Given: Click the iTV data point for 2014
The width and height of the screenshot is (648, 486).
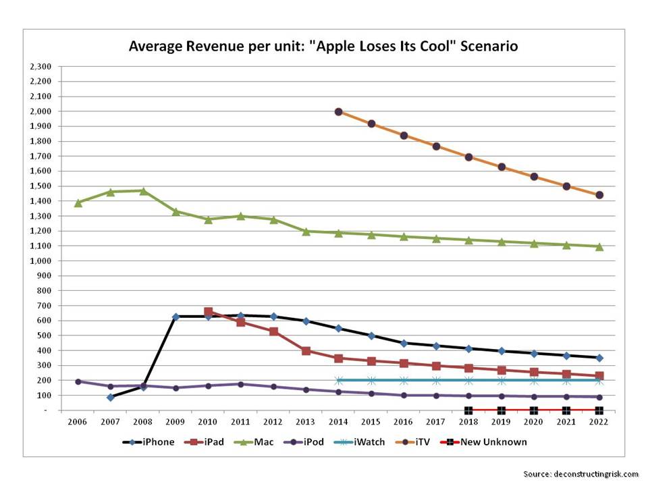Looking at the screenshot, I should click(x=338, y=112).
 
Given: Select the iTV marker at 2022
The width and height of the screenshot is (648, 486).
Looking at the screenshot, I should click(x=599, y=195).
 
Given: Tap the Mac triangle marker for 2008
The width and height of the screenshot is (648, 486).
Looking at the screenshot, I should click(x=143, y=191).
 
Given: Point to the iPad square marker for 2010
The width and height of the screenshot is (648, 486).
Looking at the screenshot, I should click(x=208, y=313).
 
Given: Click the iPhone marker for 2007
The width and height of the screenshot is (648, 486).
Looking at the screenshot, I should click(x=110, y=398).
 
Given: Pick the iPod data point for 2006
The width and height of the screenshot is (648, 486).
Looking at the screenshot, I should click(x=78, y=381).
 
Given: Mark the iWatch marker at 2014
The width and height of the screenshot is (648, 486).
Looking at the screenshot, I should click(x=338, y=380).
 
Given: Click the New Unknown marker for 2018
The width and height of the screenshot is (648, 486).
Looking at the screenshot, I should click(x=468, y=410).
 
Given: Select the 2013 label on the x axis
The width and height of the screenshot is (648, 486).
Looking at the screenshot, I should click(x=306, y=422).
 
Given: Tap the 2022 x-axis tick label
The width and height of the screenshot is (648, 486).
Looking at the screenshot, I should click(x=599, y=422).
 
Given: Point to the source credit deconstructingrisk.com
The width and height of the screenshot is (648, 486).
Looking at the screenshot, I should click(x=595, y=474).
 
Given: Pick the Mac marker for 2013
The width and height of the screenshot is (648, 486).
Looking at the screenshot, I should click(x=306, y=232).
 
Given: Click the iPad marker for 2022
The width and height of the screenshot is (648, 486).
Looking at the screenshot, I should click(x=599, y=376).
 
